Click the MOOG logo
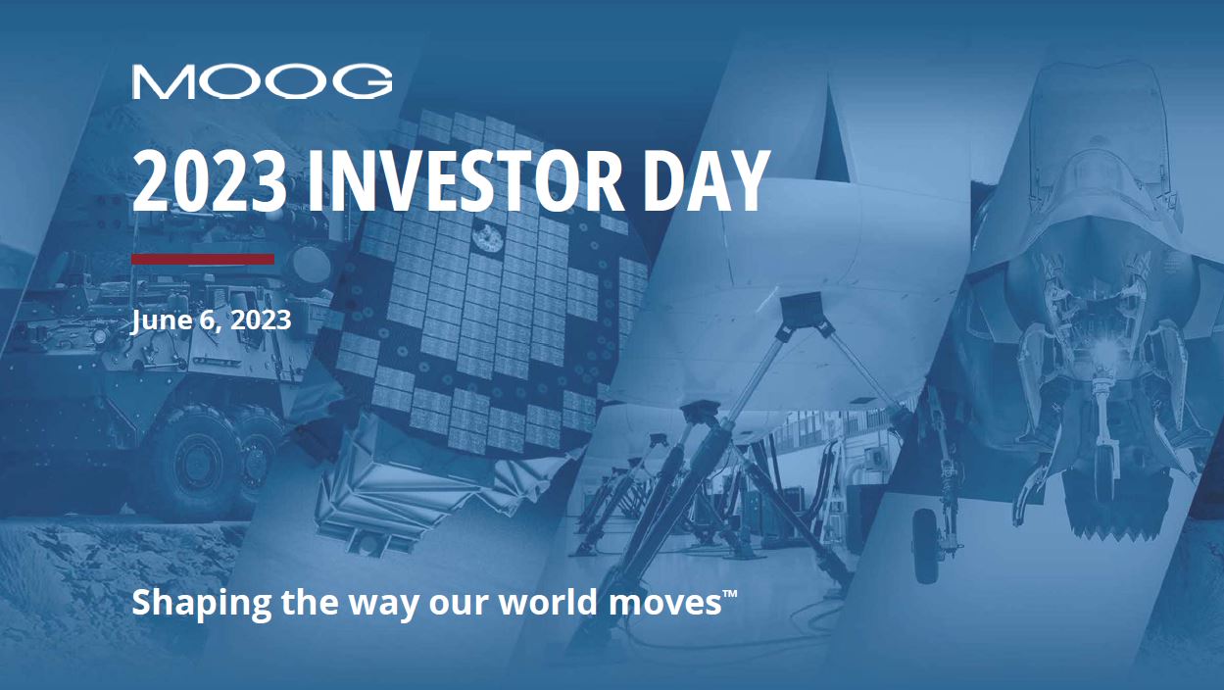pyautogui.click(x=263, y=82)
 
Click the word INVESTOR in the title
pyautogui.click(x=465, y=181)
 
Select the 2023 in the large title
pyautogui.click(x=210, y=181)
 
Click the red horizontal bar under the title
pyautogui.click(x=203, y=259)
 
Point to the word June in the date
pyautogui.click(x=161, y=320)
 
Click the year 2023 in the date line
pyautogui.click(x=260, y=320)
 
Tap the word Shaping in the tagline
pyautogui.click(x=202, y=603)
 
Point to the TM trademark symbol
pyautogui.click(x=730, y=594)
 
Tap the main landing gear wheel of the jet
pyautogui.click(x=926, y=545)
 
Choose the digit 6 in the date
pyautogui.click(x=207, y=320)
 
